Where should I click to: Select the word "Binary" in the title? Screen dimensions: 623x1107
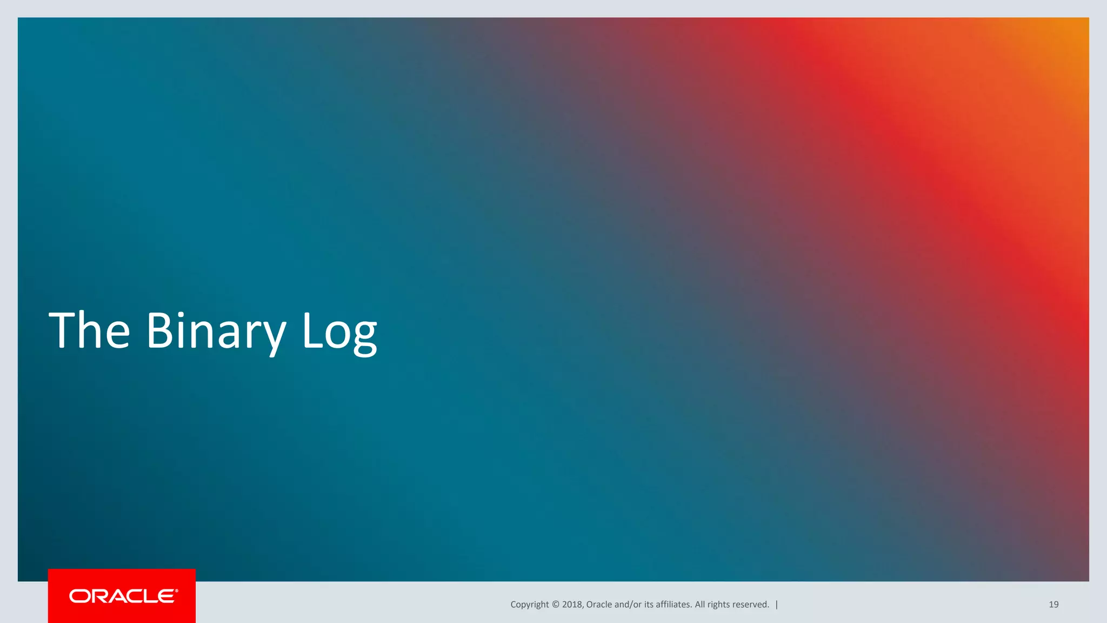coord(216,331)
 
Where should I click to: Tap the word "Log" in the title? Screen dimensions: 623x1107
coord(339,331)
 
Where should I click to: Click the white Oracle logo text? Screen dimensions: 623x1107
coord(122,596)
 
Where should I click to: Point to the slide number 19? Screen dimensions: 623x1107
coord(1053,605)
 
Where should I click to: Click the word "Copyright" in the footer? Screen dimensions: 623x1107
coord(529,605)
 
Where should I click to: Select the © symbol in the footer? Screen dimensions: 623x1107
coord(555,605)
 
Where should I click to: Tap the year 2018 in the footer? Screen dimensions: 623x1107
coord(572,605)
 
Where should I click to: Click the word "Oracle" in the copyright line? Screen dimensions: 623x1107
coord(599,605)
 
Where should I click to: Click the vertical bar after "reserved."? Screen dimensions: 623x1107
coord(777,605)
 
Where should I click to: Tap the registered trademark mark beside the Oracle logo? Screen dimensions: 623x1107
coord(176,591)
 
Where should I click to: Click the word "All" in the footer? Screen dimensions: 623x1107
coord(700,605)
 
